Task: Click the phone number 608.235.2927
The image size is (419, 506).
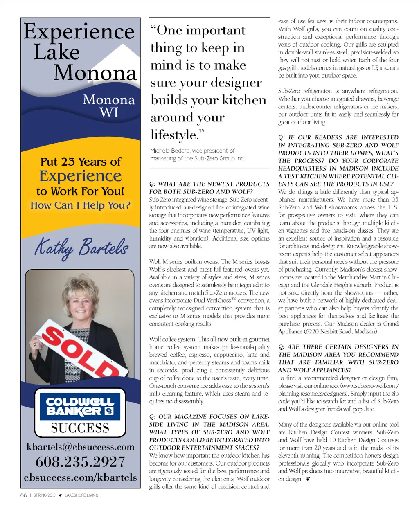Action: (80, 462)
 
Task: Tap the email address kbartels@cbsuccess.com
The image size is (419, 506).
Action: (80, 447)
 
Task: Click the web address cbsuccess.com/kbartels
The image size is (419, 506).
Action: (80, 477)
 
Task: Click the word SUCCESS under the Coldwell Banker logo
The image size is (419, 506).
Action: (80, 428)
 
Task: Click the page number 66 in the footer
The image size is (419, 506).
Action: (24, 495)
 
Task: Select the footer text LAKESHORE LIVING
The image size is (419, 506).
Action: (81, 495)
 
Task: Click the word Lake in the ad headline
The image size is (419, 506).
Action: (56, 52)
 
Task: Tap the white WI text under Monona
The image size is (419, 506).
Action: (109, 112)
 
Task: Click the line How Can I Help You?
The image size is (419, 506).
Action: (80, 205)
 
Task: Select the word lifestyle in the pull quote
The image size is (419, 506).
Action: (174, 135)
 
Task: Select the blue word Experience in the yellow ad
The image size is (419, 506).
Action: (80, 176)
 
